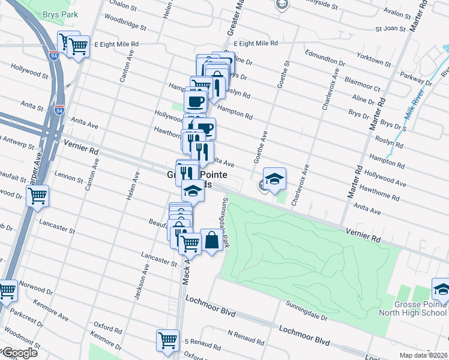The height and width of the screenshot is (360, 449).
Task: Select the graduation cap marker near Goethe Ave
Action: (x=274, y=178)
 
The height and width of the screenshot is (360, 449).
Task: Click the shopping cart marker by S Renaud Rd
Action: (x=167, y=340)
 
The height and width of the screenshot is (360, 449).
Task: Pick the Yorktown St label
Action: (x=372, y=62)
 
